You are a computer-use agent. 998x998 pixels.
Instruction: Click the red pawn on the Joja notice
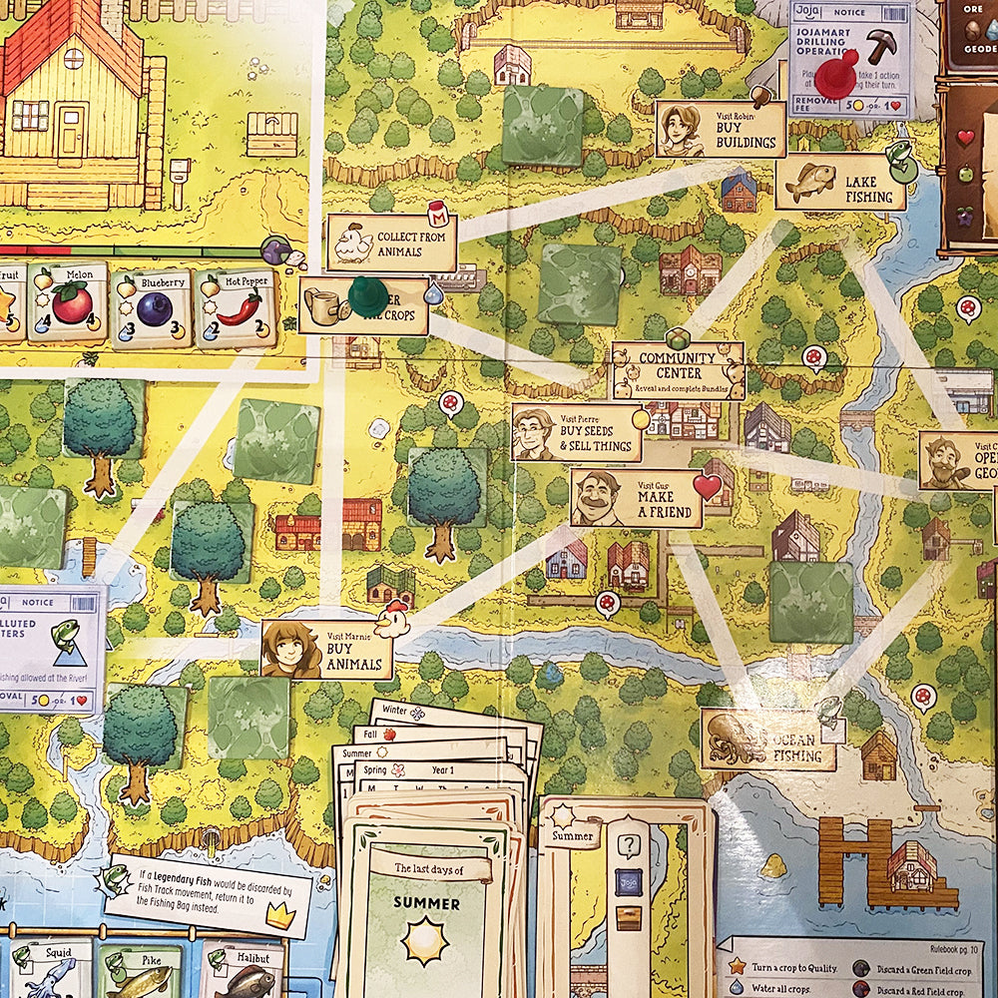[836, 74]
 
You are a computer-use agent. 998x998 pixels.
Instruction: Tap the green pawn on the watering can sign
[367, 296]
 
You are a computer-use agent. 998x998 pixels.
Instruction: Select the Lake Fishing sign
[840, 183]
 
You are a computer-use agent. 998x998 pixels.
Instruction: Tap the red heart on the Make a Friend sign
[707, 486]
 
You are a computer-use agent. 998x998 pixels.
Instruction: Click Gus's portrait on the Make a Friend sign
[597, 497]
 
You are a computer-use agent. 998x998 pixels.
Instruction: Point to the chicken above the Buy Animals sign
[395, 619]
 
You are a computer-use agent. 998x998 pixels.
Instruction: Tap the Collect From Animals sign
[391, 243]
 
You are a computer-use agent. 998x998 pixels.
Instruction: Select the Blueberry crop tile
[151, 308]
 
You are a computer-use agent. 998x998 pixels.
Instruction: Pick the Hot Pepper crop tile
[234, 308]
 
